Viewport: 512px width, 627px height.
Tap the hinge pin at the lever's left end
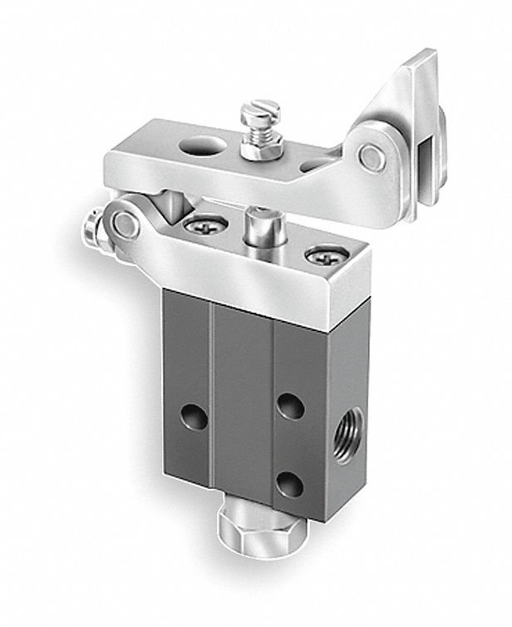[126, 224]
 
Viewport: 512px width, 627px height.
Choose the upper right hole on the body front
[289, 406]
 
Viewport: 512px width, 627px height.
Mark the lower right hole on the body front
[288, 483]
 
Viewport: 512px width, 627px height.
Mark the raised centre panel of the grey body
[241, 399]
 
